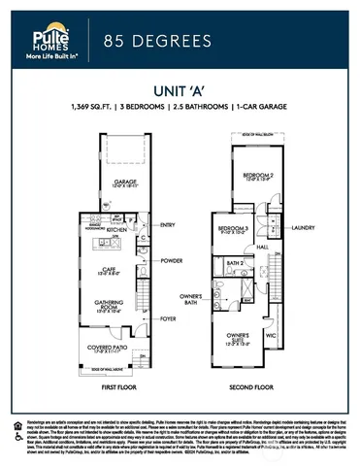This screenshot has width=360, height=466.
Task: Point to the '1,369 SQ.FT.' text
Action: (x=95, y=104)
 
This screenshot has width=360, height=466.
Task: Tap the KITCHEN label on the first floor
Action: (x=118, y=229)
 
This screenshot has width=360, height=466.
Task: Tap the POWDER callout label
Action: (x=172, y=260)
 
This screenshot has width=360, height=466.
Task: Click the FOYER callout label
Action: (x=168, y=316)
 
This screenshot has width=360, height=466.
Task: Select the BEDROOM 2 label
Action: (x=258, y=177)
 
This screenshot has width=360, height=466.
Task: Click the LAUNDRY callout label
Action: (x=304, y=229)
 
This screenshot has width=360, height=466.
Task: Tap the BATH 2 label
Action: (x=234, y=263)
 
